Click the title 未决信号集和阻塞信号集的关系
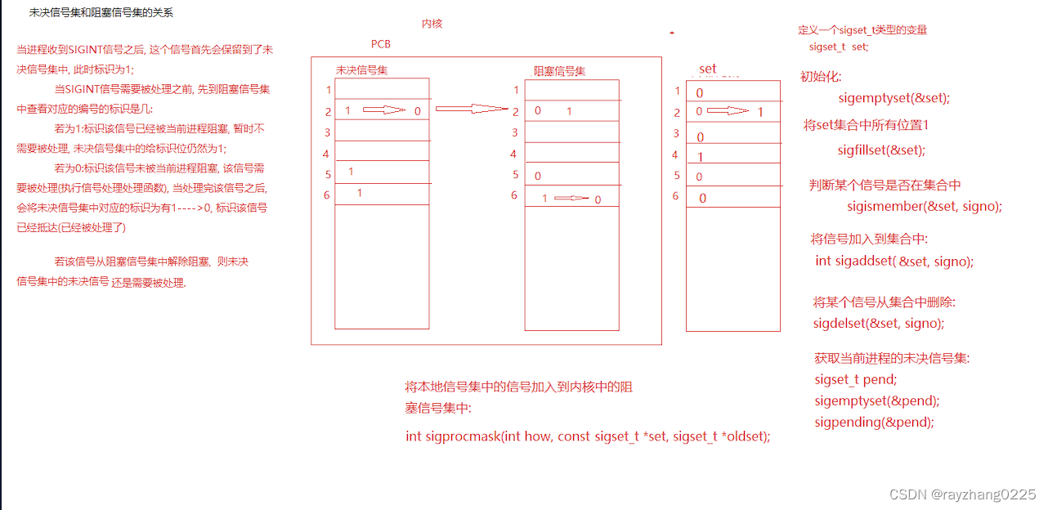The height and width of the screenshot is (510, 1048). (101, 13)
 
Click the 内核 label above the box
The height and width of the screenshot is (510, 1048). (432, 24)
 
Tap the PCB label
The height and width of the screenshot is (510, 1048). (381, 44)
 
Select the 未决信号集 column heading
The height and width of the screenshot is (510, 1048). (361, 70)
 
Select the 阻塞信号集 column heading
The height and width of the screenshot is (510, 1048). (559, 71)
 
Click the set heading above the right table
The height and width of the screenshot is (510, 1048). (708, 69)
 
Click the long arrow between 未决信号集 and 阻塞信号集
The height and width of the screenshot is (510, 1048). (472, 109)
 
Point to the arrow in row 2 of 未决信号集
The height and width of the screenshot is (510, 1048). (384, 110)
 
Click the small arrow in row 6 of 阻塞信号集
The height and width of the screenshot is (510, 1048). (571, 199)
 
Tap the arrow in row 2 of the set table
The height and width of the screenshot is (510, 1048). (727, 111)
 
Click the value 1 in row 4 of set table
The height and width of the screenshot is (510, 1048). (700, 156)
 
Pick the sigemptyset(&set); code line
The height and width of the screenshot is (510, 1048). (894, 98)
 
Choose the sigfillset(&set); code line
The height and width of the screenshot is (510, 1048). (880, 150)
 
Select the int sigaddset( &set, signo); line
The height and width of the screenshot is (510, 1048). (894, 262)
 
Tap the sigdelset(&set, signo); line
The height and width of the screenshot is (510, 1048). (878, 323)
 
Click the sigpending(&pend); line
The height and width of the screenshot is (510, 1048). (874, 423)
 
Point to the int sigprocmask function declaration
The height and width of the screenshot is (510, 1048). (588, 436)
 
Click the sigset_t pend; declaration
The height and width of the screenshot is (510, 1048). (855, 379)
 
